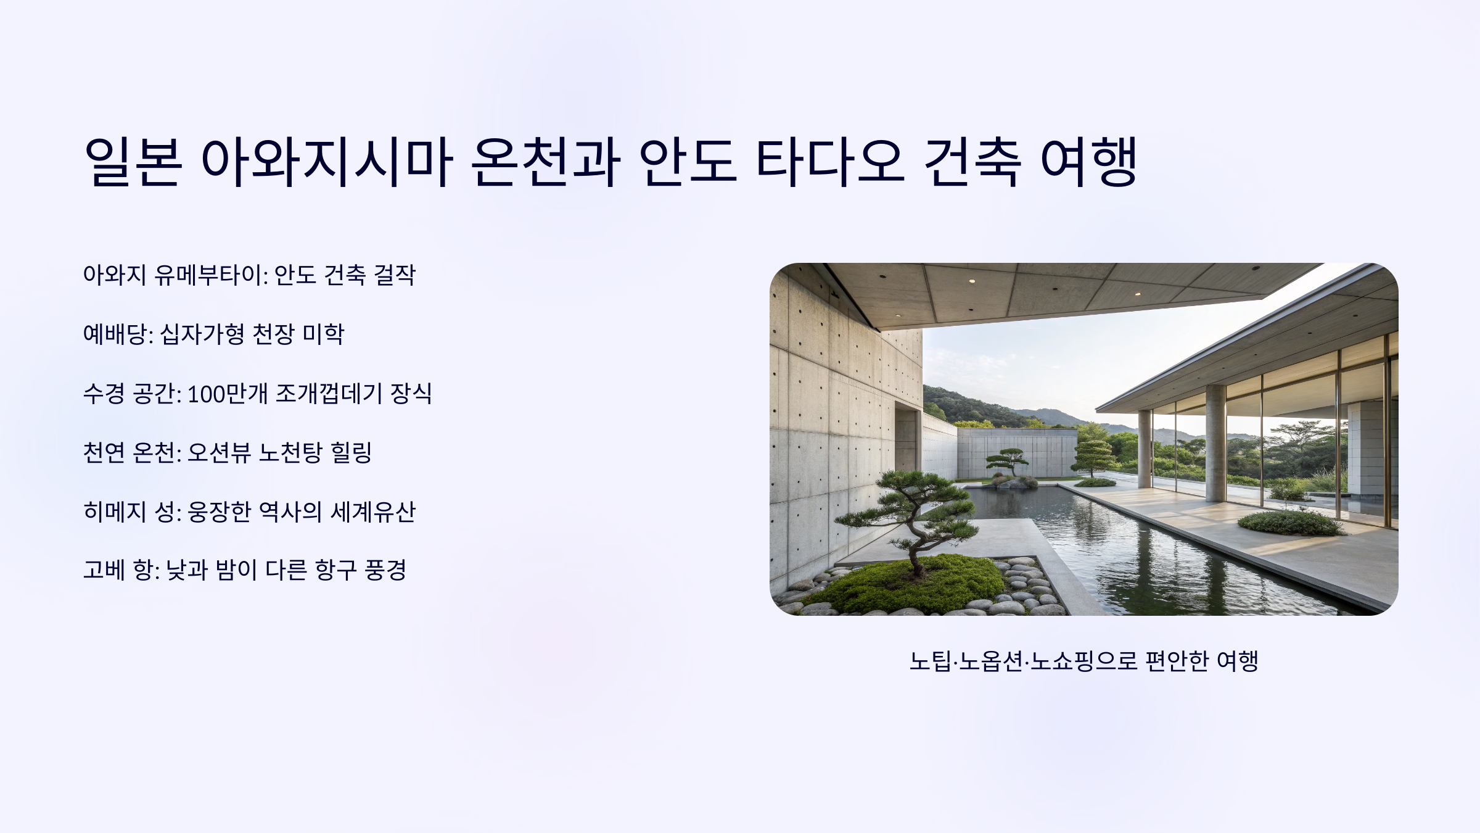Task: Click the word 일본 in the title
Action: (x=133, y=162)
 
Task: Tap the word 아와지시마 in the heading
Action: (x=327, y=162)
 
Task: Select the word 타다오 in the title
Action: (x=830, y=162)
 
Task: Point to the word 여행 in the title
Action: (x=1088, y=162)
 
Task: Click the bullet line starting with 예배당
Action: (x=213, y=334)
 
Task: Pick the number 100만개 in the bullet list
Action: (x=228, y=393)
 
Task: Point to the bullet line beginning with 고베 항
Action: (x=244, y=570)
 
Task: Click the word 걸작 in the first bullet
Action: (x=395, y=275)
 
